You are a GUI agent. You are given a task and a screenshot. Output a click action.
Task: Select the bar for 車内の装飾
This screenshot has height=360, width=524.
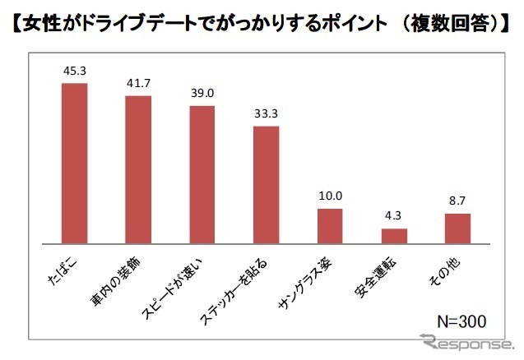137,170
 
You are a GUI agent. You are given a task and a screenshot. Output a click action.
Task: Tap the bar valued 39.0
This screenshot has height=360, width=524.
202,175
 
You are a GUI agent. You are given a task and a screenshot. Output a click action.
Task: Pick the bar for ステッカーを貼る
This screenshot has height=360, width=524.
266,185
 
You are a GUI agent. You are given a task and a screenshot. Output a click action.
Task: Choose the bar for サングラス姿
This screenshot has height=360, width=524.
329,226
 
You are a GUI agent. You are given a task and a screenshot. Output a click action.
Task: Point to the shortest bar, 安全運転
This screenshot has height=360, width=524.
394,236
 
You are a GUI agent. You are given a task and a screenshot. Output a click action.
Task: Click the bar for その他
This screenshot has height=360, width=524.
457,228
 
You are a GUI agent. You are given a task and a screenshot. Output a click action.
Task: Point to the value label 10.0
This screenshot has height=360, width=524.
329,196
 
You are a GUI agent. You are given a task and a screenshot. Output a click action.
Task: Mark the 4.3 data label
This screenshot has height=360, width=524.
394,216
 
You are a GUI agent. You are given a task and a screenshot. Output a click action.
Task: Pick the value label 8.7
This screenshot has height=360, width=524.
457,201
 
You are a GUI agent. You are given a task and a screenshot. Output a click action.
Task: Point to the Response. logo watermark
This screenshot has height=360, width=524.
466,342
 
